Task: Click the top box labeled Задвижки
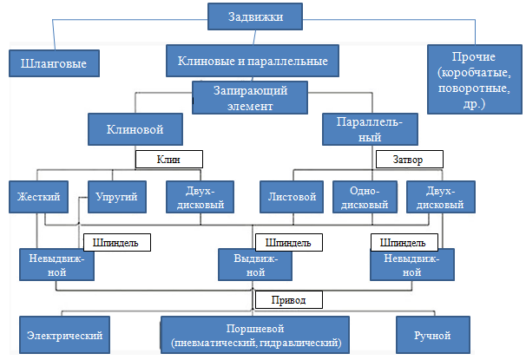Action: pyautogui.click(x=258, y=16)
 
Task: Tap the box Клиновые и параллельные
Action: pyautogui.click(x=252, y=62)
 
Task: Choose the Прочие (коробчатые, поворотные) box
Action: pyautogui.click(x=474, y=78)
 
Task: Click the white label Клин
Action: pyautogui.click(x=168, y=159)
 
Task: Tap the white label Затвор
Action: pyautogui.click(x=409, y=159)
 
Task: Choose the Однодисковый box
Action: pyautogui.click(x=365, y=197)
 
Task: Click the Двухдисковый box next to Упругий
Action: pyautogui.click(x=201, y=197)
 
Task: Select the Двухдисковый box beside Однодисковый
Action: pyautogui.click(x=442, y=197)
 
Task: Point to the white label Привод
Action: pyautogui.click(x=288, y=300)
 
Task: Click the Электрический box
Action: pyautogui.click(x=65, y=335)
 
